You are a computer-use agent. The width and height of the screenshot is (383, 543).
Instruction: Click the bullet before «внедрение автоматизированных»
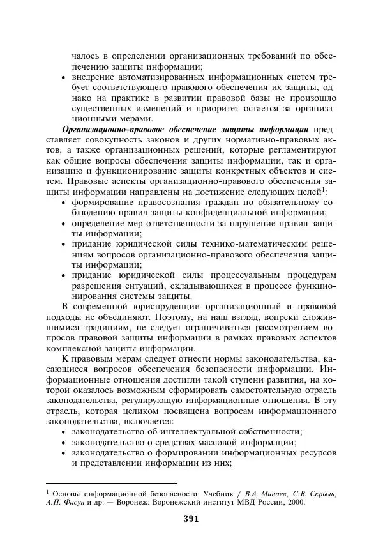pyautogui.click(x=63, y=77)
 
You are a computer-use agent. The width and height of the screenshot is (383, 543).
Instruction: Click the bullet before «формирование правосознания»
pyautogui.click(x=63, y=203)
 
